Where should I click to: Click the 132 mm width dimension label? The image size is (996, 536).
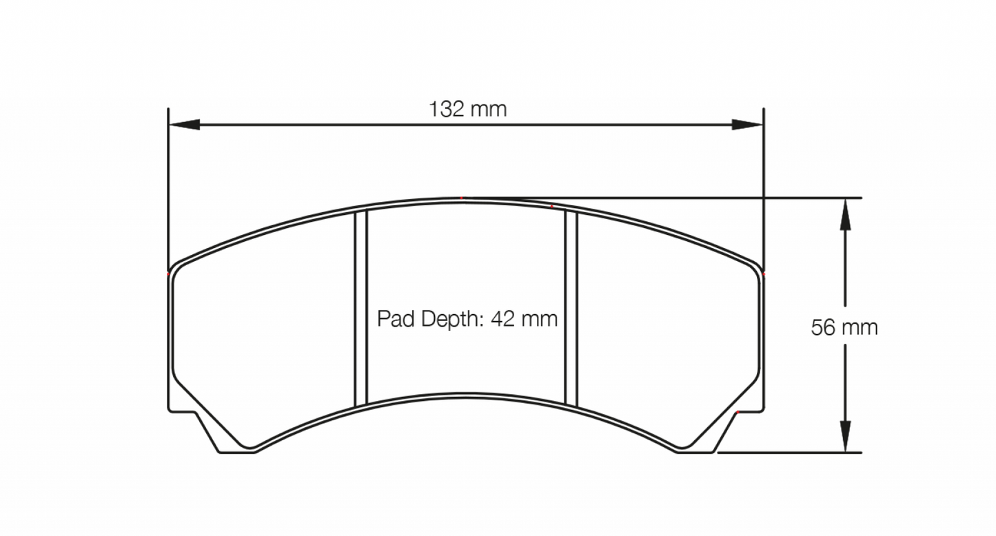coord(467,109)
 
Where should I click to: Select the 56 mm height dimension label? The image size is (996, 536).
coord(844,327)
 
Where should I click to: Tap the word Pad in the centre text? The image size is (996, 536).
coord(394,319)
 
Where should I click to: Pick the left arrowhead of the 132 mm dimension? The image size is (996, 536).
coord(183,125)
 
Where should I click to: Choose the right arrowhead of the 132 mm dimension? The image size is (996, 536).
coord(747,125)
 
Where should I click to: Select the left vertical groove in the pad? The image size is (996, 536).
coord(360,308)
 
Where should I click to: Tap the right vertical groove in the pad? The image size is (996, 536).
coord(570,308)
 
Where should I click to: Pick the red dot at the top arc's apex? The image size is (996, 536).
coord(462,198)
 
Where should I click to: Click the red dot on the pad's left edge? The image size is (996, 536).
coord(169,274)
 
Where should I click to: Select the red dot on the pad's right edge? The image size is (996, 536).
coord(764,274)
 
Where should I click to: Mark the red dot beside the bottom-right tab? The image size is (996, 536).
coord(738,411)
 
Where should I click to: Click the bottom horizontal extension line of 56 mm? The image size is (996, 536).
coord(793,453)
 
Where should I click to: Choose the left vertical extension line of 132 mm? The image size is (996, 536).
coord(169,186)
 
